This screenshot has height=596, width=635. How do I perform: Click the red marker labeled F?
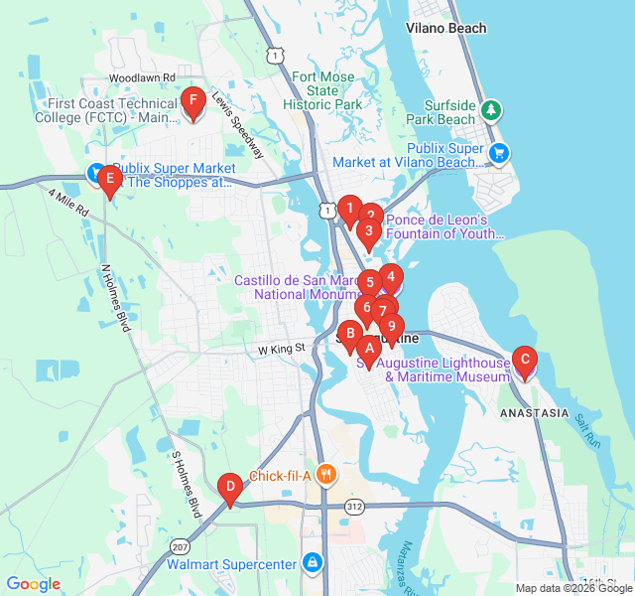(x=193, y=100)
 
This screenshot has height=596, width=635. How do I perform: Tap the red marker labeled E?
(x=110, y=181)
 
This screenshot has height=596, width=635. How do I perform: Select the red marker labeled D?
(x=230, y=487)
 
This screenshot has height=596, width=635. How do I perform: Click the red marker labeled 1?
(x=349, y=208)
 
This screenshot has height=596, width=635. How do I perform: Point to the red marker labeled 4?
(x=391, y=278)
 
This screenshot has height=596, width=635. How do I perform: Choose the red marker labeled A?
(x=369, y=349)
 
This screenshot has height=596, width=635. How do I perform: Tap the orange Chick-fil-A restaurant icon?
(x=324, y=475)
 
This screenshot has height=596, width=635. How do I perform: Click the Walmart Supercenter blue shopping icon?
(x=313, y=564)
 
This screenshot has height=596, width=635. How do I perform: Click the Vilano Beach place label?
(x=446, y=28)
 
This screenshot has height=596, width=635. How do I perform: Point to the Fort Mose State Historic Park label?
(x=321, y=90)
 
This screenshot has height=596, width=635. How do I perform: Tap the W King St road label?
(x=279, y=350)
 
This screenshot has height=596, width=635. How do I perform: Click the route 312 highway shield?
(x=354, y=507)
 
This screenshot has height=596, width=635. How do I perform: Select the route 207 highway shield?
(x=179, y=547)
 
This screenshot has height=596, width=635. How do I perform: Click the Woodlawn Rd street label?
(x=142, y=76)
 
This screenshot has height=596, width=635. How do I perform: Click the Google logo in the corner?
(x=33, y=584)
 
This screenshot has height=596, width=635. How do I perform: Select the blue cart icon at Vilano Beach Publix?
(x=499, y=152)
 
